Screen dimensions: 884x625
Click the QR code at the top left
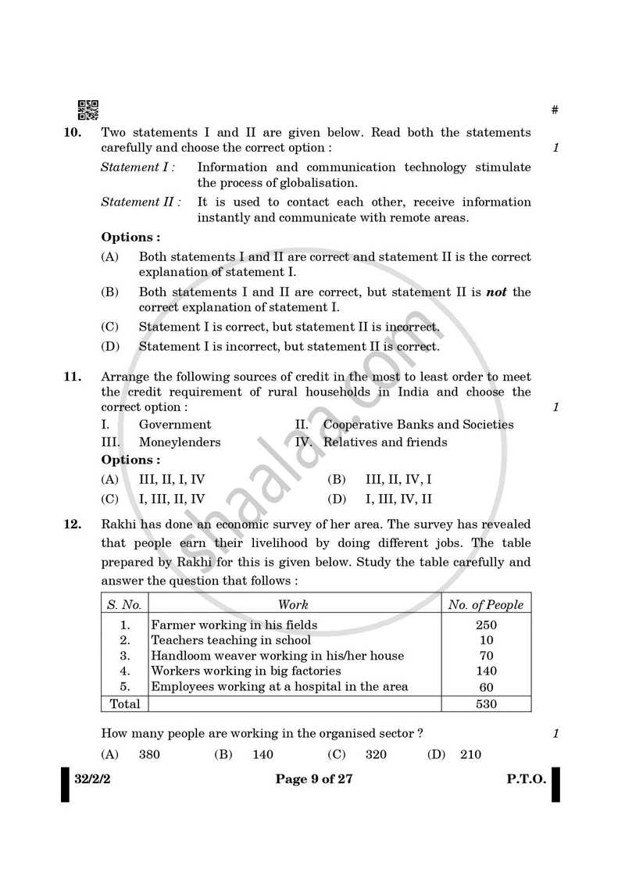88,110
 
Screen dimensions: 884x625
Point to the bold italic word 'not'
497,292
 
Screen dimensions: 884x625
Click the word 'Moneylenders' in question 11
180,442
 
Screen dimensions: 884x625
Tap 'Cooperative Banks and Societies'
418,425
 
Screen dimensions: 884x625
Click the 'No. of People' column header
486,604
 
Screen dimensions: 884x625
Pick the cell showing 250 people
486,625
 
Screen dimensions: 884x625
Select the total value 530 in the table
486,704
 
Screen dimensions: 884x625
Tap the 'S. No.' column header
124,604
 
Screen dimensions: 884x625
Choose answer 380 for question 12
151,755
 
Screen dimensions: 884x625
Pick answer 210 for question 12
470,755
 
